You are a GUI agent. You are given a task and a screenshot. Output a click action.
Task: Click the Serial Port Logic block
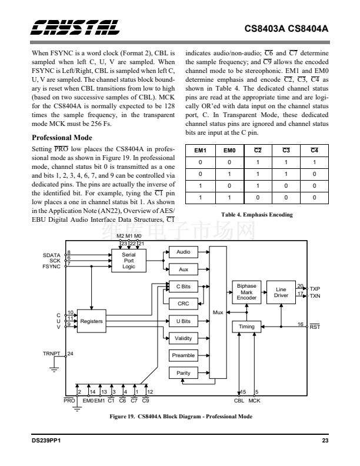tap(129, 260)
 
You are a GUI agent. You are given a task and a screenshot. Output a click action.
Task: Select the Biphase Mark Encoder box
tap(246, 292)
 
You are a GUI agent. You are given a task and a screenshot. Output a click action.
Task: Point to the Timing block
tap(246, 327)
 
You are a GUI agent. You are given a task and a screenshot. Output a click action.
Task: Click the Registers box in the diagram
tap(91, 321)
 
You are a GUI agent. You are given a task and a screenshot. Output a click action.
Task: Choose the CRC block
tap(183, 304)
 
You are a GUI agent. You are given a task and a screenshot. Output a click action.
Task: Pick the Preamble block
tap(183, 355)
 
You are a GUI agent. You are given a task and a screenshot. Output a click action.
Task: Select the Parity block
tap(183, 373)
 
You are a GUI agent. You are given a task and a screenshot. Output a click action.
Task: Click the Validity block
tap(183, 338)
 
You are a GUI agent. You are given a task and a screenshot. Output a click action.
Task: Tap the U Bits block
tap(183, 321)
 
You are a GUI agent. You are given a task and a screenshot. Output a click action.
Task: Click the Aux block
tap(183, 269)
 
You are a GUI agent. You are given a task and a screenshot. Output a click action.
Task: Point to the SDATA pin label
tap(52, 254)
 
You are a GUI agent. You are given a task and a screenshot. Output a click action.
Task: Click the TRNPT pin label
tap(52, 354)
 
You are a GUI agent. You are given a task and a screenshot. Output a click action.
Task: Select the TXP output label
tap(315, 289)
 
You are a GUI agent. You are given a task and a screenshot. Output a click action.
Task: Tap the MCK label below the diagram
tap(255, 401)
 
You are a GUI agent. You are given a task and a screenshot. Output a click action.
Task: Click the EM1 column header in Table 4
tap(201, 151)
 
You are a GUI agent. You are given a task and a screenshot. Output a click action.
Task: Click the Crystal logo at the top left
tap(76, 27)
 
